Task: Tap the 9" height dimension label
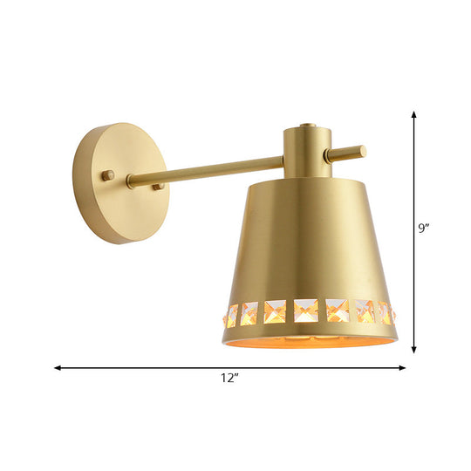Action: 425,229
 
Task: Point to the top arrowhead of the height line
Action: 413,113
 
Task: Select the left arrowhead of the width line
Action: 58,367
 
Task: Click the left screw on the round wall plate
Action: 107,175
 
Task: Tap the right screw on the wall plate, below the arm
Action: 158,187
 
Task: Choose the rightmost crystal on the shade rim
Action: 386,312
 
